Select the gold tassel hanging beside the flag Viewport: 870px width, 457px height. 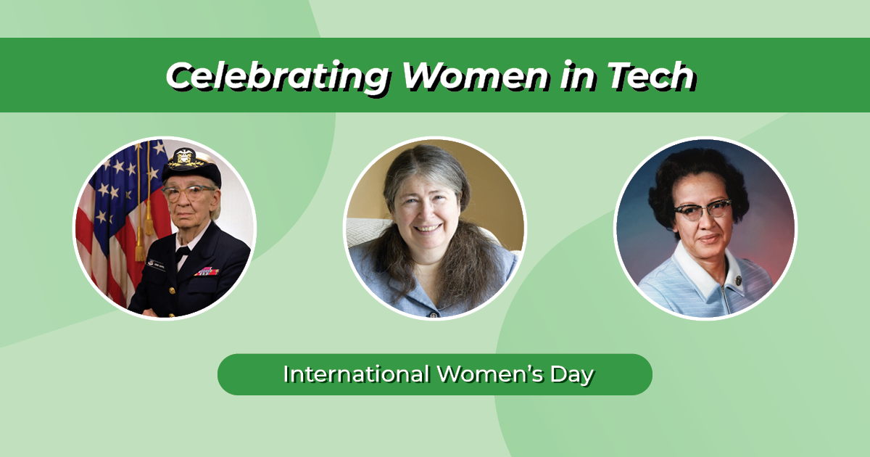pos(139,243)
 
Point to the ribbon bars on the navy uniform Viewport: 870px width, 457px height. pos(207,271)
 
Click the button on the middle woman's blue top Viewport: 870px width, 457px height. pos(433,314)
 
